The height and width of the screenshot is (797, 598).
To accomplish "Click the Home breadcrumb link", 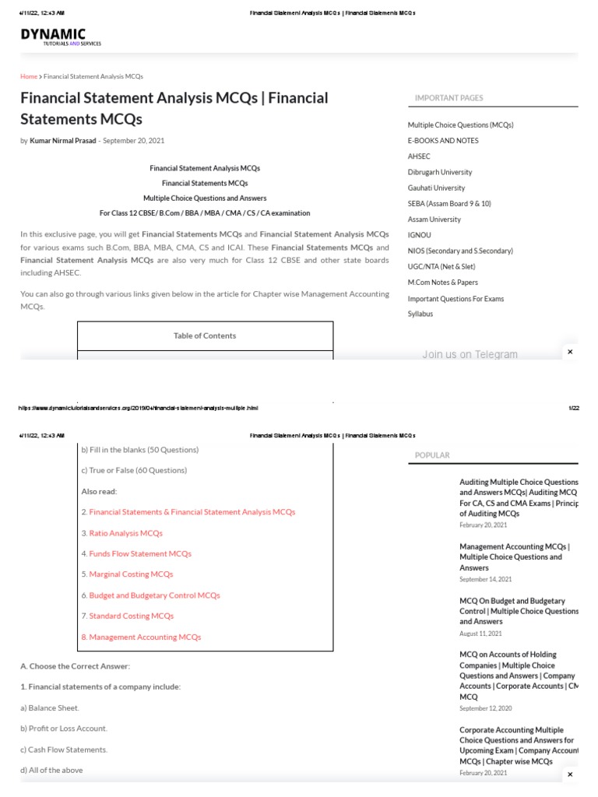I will click(x=29, y=76).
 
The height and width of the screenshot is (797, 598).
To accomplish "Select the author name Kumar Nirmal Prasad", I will click(x=64, y=141).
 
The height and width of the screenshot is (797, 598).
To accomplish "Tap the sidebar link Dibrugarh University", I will click(x=440, y=172).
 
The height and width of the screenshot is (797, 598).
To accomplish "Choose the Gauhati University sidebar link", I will click(x=436, y=188).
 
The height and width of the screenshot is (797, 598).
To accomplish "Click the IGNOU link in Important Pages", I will click(x=419, y=235).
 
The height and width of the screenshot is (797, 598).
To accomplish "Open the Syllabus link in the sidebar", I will click(x=420, y=314).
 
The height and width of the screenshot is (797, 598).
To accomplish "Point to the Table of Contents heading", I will click(x=205, y=335).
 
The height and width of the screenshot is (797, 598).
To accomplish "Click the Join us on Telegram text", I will click(x=470, y=354).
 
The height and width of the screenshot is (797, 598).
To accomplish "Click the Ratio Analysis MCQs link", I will click(x=126, y=533).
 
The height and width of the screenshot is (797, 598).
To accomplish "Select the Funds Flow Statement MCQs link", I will click(x=140, y=553).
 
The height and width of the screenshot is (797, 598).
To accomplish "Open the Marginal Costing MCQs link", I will click(x=131, y=574).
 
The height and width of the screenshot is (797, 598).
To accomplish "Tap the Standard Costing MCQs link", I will click(x=132, y=616).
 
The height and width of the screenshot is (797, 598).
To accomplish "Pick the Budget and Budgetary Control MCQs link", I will click(x=154, y=595).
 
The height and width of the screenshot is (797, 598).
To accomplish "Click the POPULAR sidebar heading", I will click(x=432, y=455).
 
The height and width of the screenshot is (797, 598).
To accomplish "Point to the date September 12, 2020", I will click(x=486, y=708).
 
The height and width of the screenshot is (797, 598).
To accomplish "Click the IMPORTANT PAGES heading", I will click(x=448, y=98).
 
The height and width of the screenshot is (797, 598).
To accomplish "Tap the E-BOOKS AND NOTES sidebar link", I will click(x=443, y=141).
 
